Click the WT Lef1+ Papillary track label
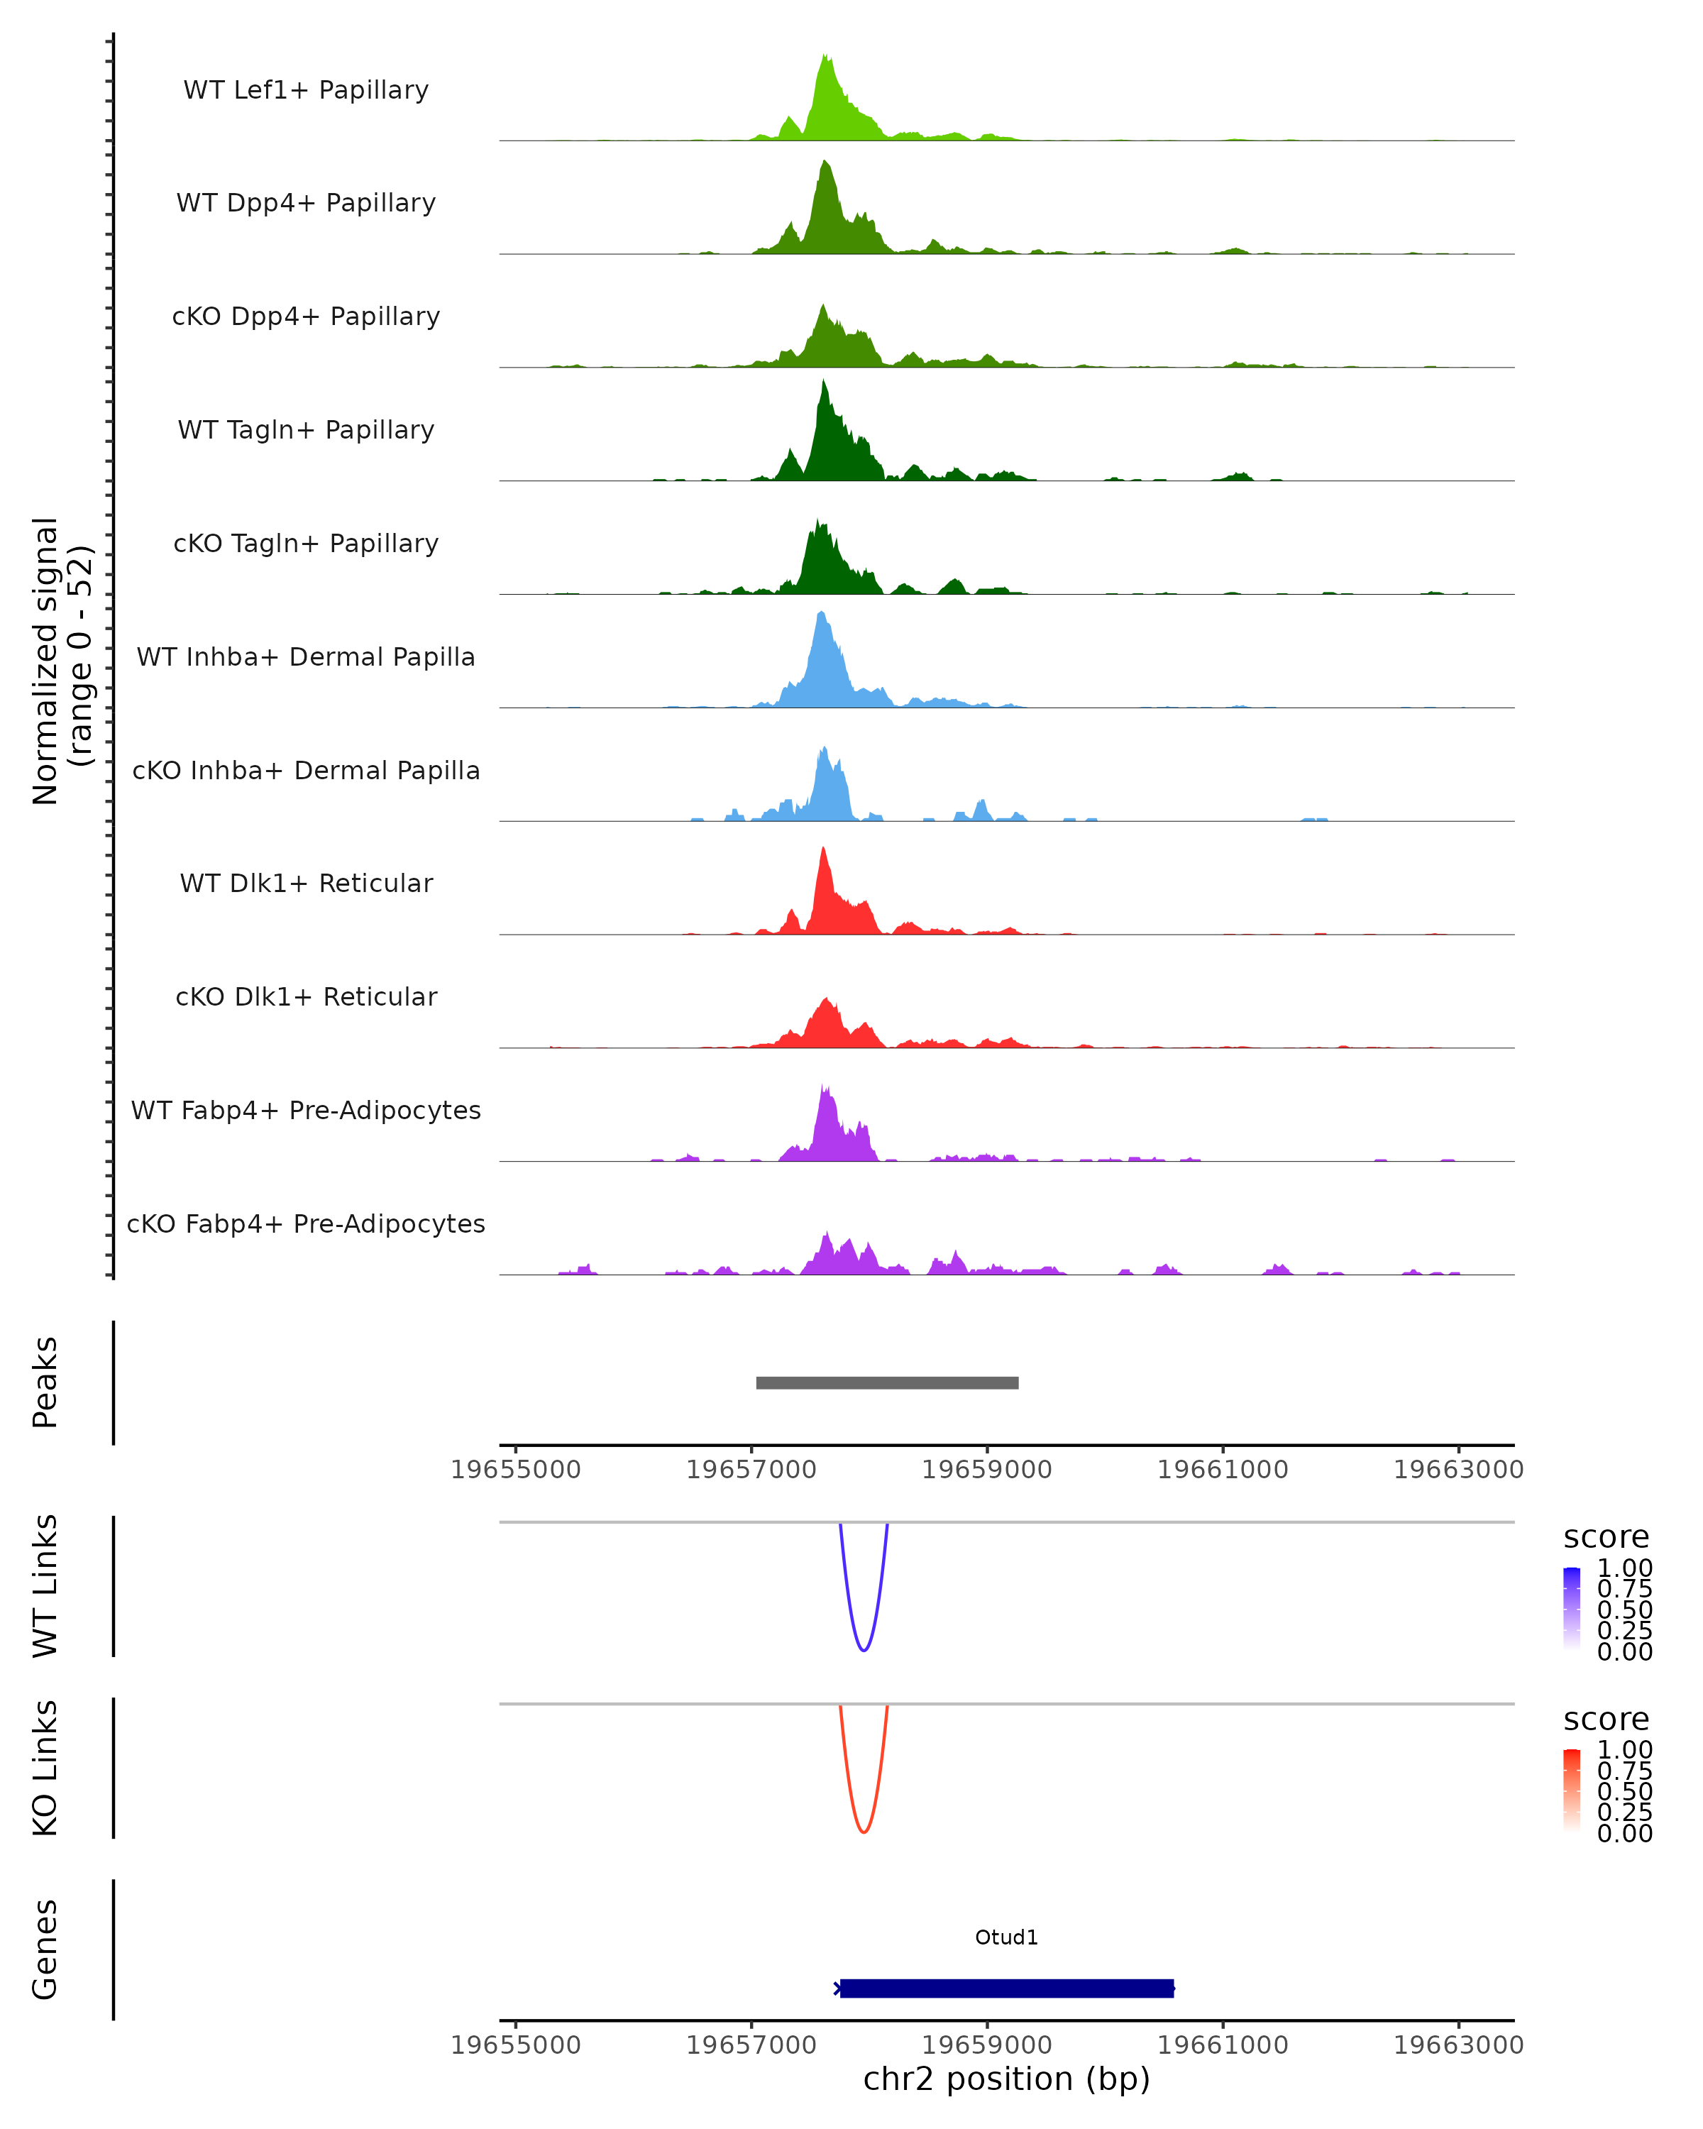pyautogui.click(x=306, y=90)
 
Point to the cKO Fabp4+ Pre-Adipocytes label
pyautogui.click(x=306, y=1223)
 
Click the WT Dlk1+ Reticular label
pyautogui.click(x=306, y=883)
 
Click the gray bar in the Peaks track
pyautogui.click(x=886, y=1382)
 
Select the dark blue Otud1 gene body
pyautogui.click(x=1006, y=1988)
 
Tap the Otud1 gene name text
pyautogui.click(x=1006, y=1937)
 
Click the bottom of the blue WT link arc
pyautogui.click(x=864, y=1650)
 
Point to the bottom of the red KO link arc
pyautogui.click(x=864, y=1832)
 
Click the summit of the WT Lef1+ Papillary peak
pyautogui.click(x=827, y=56)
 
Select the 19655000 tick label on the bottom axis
pyautogui.click(x=515, y=2045)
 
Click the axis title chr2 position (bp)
pyautogui.click(x=1006, y=2079)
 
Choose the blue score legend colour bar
pyautogui.click(x=1572, y=1610)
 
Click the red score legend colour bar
pyautogui.click(x=1572, y=1790)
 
